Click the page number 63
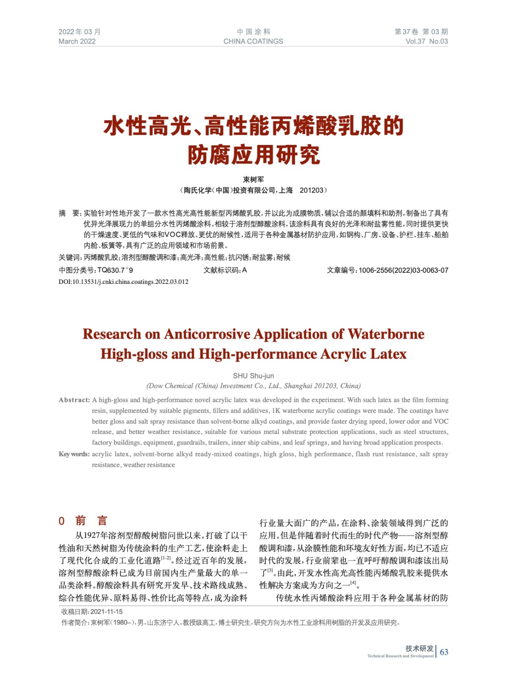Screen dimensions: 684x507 [444, 652]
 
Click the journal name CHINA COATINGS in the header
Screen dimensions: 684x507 [253, 41]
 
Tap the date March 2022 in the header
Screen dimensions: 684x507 [77, 41]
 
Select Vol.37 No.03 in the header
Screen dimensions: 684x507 [426, 41]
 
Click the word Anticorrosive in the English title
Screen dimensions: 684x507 [207, 334]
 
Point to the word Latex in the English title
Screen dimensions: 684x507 [388, 354]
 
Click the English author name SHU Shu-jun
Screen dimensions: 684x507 [253, 376]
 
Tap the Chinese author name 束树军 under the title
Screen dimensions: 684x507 [253, 180]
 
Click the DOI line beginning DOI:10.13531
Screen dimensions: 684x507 [123, 282]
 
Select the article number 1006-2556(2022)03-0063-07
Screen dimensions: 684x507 [403, 270]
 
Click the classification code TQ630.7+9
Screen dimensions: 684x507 [115, 270]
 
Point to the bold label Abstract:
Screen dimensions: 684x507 [74, 400]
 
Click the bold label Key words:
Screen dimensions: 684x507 [74, 454]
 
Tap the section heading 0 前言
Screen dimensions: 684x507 [83, 521]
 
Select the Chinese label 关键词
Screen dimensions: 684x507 [70, 257]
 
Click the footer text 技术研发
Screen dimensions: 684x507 [419, 648]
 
